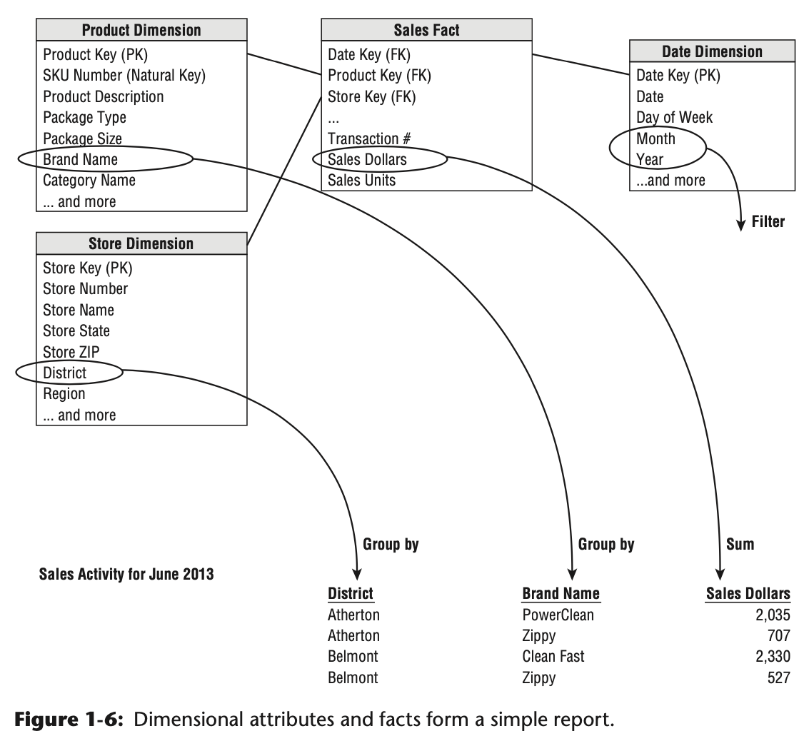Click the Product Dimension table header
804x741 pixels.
141,30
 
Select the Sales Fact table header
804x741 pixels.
426,30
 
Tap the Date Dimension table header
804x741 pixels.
712,51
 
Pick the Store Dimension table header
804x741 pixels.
141,243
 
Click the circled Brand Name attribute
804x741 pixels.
81,160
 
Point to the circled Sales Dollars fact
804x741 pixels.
367,160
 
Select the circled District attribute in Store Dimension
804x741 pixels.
65,373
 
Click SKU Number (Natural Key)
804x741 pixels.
124,75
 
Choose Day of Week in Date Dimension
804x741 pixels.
674,117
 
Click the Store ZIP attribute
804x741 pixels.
71,352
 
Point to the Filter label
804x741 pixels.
768,222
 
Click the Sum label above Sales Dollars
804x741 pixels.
740,545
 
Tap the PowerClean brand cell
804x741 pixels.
558,615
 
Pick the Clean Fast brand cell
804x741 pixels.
553,656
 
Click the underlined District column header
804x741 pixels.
351,593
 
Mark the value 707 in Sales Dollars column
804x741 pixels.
779,635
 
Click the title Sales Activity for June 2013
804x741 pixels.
126,574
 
